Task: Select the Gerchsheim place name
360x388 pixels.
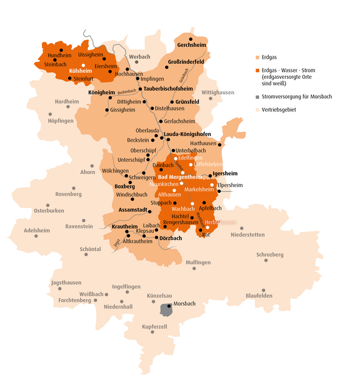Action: coord(191,46)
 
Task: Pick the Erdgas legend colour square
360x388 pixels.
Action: coord(258,55)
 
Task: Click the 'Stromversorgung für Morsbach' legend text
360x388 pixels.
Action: coord(298,97)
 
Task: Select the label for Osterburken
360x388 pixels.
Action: coord(49,210)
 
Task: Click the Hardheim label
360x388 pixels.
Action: coord(67,101)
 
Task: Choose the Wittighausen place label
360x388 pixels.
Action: coord(217,92)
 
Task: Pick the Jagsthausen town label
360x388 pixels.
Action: coord(65,283)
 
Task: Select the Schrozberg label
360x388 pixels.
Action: coord(269,255)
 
